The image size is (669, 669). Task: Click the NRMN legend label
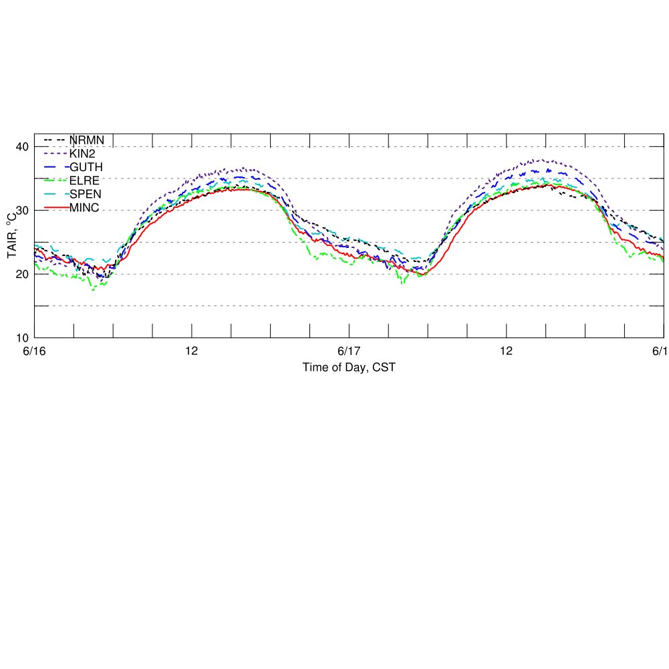87,140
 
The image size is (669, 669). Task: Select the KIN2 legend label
82,153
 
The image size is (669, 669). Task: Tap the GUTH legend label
86,166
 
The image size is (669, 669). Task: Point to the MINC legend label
84,208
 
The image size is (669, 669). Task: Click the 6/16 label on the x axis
34,351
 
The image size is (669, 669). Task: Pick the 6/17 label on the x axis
349,351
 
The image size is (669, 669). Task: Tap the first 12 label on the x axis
192,351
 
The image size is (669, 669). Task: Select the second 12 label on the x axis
506,351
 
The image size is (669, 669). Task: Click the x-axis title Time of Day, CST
348,366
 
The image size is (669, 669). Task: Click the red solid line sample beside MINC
55,208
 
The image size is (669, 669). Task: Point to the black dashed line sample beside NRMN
55,140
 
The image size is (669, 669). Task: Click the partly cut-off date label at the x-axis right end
661,351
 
